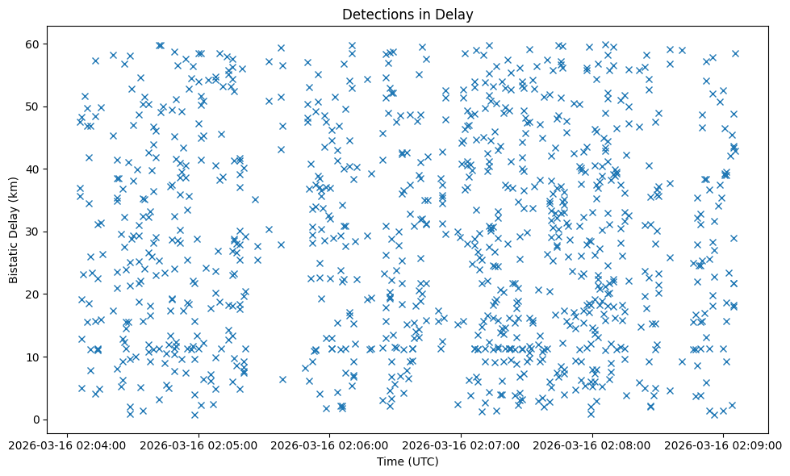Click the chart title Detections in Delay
pyautogui.click(x=407, y=14)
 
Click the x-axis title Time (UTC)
pyautogui.click(x=407, y=461)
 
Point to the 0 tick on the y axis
pyautogui.click(x=36, y=420)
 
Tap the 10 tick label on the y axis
pyautogui.click(x=33, y=357)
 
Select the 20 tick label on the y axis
pyautogui.click(x=33, y=294)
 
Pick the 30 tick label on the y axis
pyautogui.click(x=33, y=232)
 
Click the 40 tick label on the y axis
pyautogui.click(x=33, y=169)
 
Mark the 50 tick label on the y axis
pyautogui.click(x=33, y=106)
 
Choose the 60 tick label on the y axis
pyautogui.click(x=33, y=44)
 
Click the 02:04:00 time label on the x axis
pyautogui.click(x=69, y=444)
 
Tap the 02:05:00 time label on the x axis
pyautogui.click(x=199, y=444)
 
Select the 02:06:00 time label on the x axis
pyautogui.click(x=330, y=444)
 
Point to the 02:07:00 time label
pyautogui.click(x=461, y=444)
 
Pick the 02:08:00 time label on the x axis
pyautogui.click(x=592, y=444)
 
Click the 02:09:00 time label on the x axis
pyautogui.click(x=723, y=444)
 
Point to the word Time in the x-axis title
pyautogui.click(x=390, y=461)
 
